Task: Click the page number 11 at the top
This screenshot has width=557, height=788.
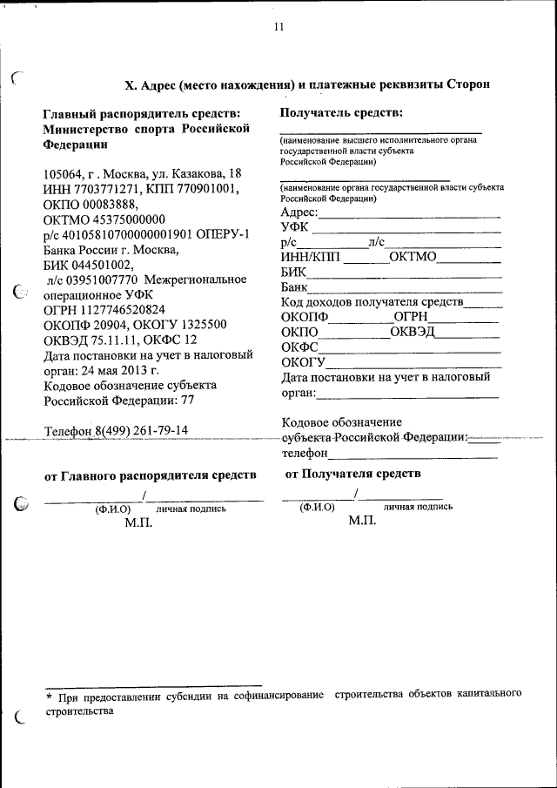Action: tap(278, 27)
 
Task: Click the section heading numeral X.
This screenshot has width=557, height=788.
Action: tap(131, 84)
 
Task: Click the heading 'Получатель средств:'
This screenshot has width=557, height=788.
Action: tap(341, 112)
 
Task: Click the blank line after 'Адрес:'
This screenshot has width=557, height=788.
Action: tap(409, 213)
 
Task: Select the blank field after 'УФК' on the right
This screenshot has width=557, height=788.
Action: tap(406, 229)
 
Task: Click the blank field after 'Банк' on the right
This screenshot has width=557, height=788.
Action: tap(406, 288)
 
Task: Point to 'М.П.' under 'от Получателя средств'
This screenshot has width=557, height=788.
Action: tap(361, 521)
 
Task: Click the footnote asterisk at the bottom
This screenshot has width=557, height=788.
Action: tap(49, 697)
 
